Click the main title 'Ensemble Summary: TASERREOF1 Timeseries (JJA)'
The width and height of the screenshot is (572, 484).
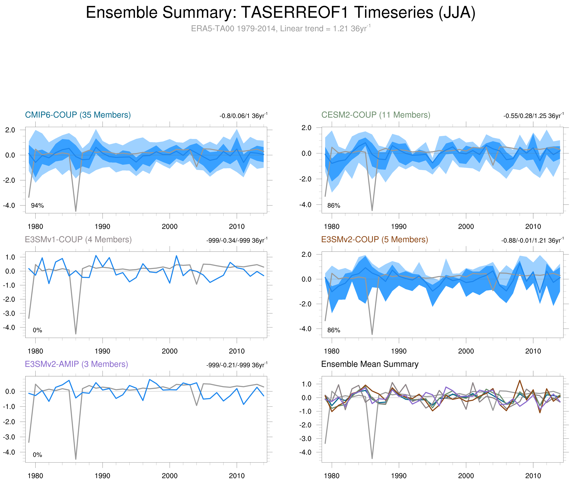280,13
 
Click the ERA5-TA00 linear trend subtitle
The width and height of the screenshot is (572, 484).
280,29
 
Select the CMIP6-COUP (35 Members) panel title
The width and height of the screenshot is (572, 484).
78,115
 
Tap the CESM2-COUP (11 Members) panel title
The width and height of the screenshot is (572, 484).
376,115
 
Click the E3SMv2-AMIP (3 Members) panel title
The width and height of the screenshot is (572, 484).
76,364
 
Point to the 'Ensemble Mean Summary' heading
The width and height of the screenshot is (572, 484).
370,364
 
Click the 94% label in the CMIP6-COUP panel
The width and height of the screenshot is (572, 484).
37,205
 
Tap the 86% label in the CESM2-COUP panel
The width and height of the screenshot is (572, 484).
334,205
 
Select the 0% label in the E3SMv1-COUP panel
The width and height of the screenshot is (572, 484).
37,330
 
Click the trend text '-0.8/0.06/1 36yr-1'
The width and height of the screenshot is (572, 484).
243,115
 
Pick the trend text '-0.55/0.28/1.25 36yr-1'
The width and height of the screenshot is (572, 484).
533,115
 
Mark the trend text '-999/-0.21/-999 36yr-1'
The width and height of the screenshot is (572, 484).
237,365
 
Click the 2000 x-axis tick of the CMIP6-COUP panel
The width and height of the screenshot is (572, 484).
169,227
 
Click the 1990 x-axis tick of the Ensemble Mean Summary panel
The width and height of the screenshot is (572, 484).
399,476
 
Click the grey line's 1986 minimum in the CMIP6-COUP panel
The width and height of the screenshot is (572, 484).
76,211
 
